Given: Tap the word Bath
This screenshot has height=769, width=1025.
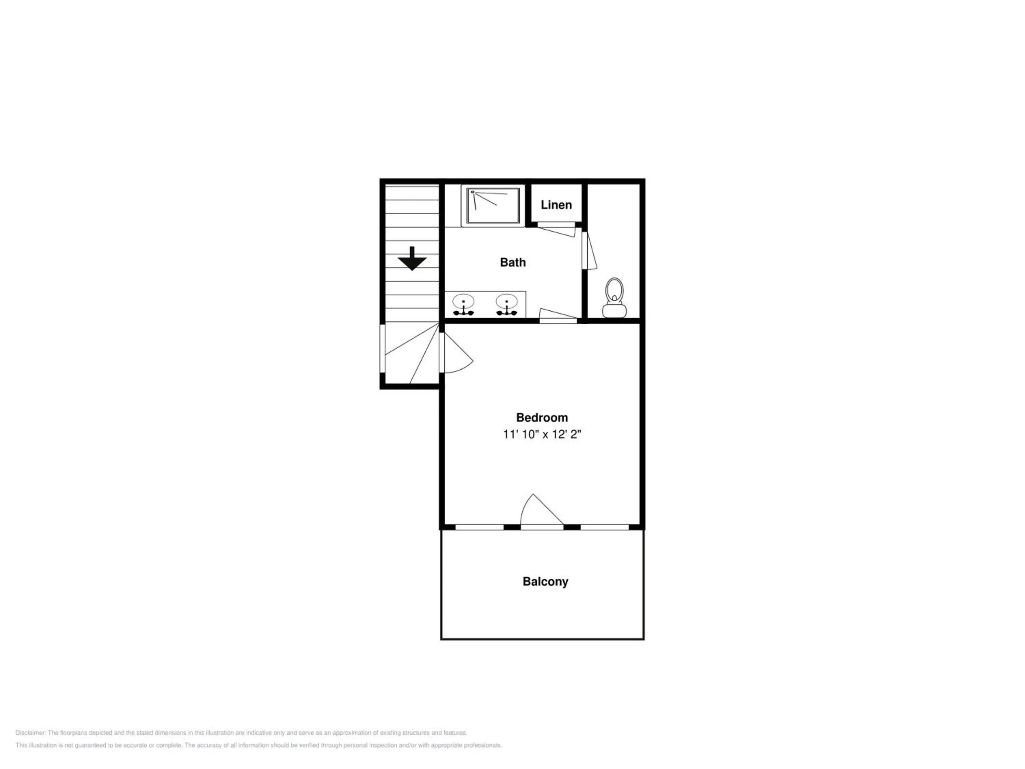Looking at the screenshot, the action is pyautogui.click(x=512, y=262).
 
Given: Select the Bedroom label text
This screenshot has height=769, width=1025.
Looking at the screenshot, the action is pyautogui.click(x=542, y=417).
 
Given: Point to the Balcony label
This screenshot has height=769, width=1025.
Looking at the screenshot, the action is pyautogui.click(x=545, y=582).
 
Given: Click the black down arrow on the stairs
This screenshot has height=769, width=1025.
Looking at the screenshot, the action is pyautogui.click(x=412, y=258).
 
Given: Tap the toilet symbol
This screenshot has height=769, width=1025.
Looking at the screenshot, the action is pyautogui.click(x=614, y=298).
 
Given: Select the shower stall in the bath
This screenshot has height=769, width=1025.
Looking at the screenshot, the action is pyautogui.click(x=493, y=206).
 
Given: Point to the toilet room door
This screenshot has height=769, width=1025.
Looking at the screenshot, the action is pyautogui.click(x=589, y=250).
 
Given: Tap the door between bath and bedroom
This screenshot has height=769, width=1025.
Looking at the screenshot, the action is pyautogui.click(x=558, y=315).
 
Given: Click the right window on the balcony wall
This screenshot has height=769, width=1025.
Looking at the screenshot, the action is pyautogui.click(x=605, y=527).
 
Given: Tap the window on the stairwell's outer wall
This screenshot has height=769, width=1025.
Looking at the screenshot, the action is pyautogui.click(x=382, y=348).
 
